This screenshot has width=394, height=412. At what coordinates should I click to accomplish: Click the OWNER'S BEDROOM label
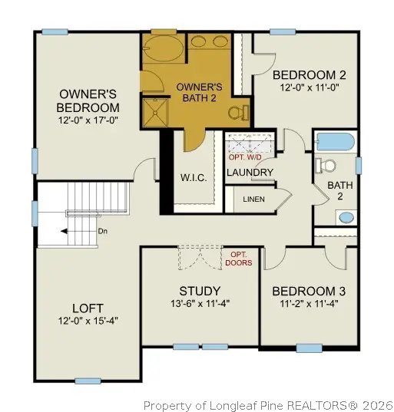pos(89,101)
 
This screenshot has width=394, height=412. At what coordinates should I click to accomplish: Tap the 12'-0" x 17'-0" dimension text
pos(89,120)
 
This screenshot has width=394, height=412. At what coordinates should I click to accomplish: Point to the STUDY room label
pos(200,291)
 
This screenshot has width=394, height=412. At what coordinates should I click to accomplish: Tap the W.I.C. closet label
pos(193,178)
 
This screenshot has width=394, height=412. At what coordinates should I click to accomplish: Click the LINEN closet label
pos(254,199)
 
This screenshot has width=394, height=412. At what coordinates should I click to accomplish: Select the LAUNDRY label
pos(250,173)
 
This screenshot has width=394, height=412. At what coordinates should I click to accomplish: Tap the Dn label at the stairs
pos(101,231)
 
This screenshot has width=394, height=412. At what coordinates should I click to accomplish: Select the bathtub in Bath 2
pos(334,142)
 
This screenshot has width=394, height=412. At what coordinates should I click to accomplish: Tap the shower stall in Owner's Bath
pos(154,113)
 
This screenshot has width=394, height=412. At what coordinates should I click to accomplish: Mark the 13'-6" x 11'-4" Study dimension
pos(200,303)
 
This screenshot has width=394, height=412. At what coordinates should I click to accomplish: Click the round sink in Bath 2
pos(347,216)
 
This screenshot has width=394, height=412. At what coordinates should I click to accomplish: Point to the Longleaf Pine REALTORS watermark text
pos(268,404)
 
